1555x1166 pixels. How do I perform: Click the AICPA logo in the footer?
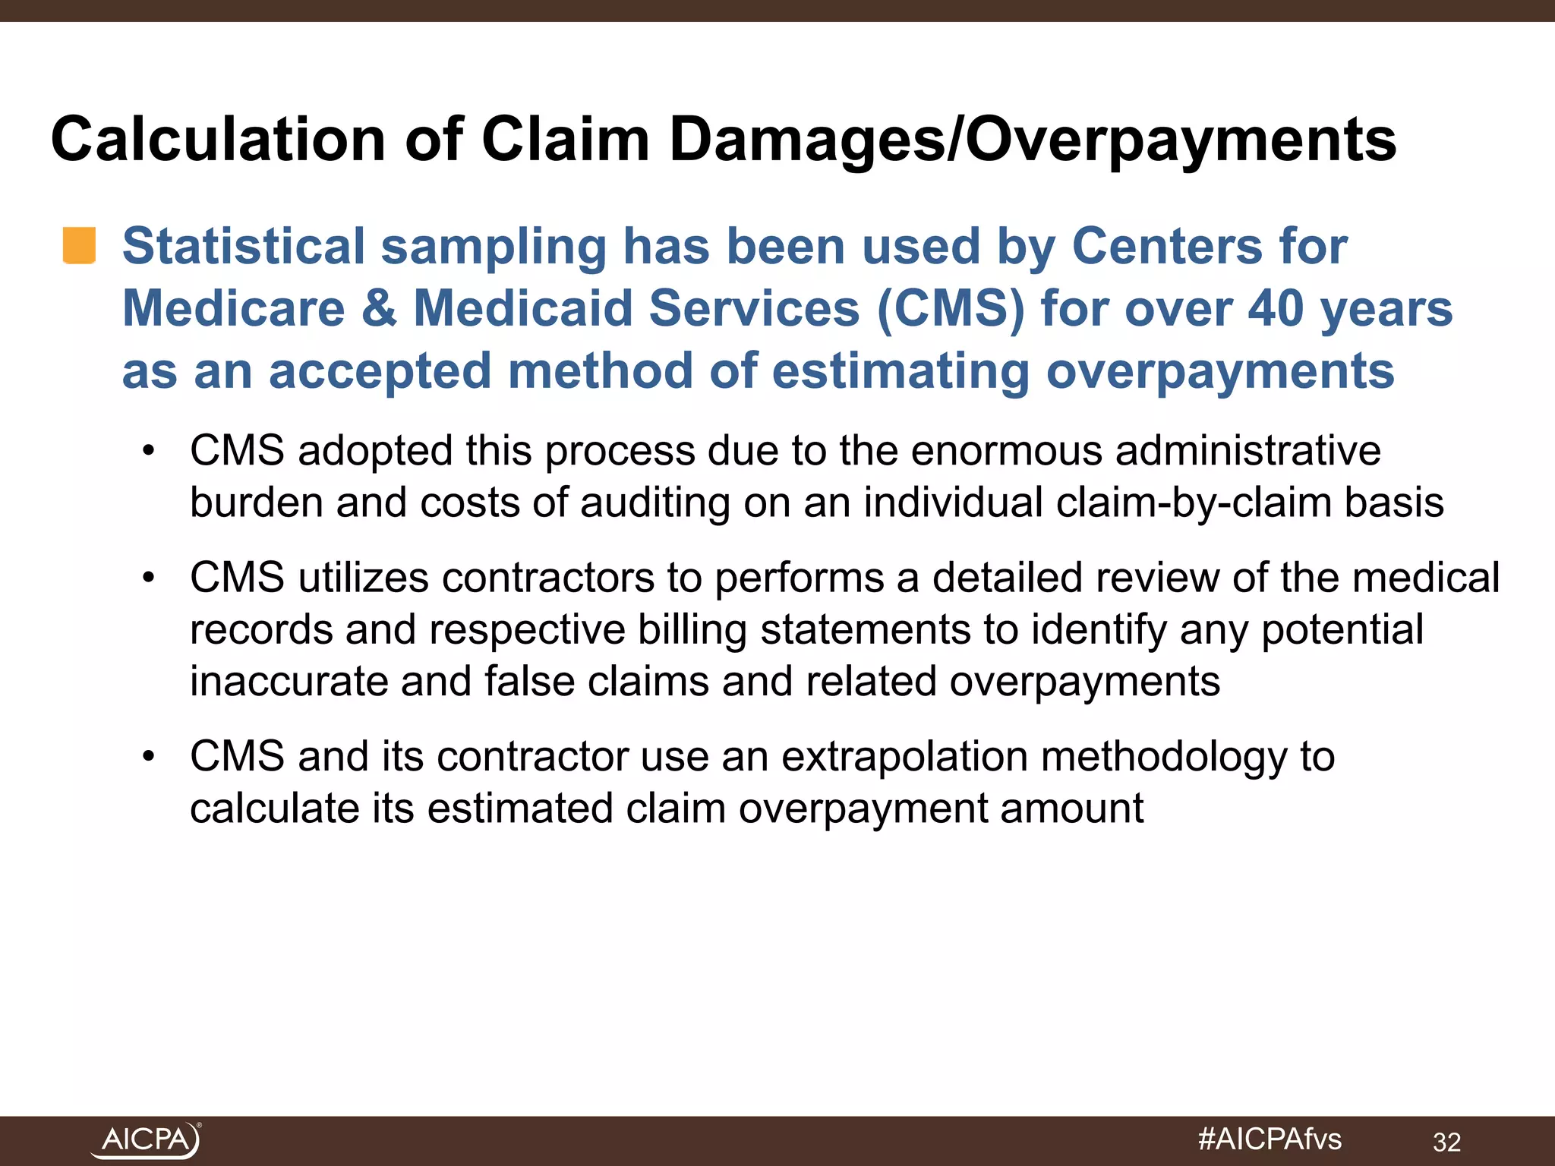click(146, 1139)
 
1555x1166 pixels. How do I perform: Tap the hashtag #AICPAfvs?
click(1270, 1139)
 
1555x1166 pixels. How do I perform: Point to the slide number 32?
click(1446, 1142)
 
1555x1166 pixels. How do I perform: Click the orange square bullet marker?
click(79, 245)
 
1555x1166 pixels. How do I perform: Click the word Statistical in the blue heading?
click(244, 247)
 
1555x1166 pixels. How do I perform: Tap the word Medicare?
click(234, 309)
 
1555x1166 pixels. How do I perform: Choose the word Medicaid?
click(523, 309)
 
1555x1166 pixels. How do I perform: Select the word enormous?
click(1006, 451)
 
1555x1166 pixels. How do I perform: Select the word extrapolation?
click(904, 757)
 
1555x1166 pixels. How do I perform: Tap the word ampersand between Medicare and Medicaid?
click(378, 309)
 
